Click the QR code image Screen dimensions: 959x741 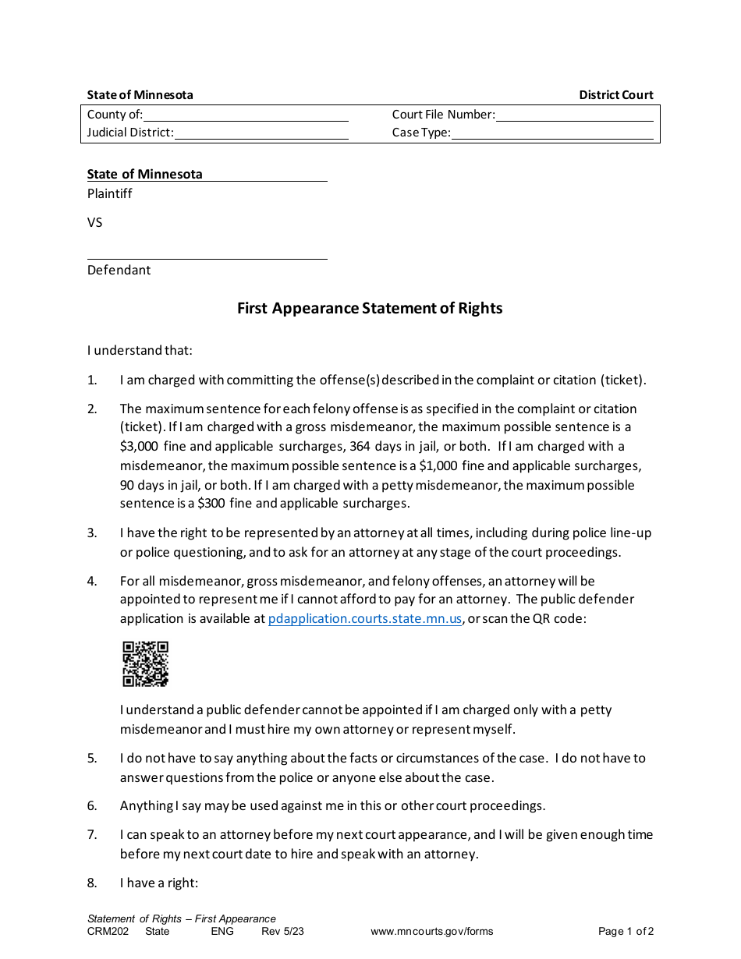[x=145, y=664]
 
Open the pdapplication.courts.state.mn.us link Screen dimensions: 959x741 [x=365, y=619]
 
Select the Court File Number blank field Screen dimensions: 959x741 [x=574, y=115]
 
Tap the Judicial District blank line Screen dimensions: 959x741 [x=261, y=133]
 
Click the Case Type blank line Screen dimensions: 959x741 [x=552, y=133]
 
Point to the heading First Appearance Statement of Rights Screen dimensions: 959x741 [x=370, y=308]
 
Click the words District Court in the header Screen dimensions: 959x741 [x=615, y=95]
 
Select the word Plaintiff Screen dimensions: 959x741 [x=110, y=193]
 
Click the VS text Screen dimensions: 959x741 [x=94, y=222]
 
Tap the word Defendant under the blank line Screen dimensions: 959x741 [x=119, y=270]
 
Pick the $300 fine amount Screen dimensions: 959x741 [x=212, y=504]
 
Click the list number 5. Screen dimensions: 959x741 [x=92, y=758]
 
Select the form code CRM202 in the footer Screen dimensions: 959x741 [x=105, y=931]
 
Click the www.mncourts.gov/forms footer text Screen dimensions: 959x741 [x=431, y=931]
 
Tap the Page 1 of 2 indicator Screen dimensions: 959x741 [x=626, y=931]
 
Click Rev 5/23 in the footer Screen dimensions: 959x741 [x=282, y=931]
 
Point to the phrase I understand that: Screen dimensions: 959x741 [x=140, y=350]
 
